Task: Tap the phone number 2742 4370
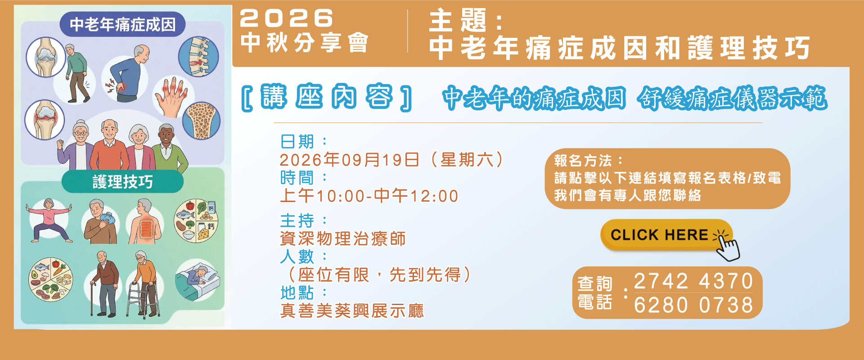[693, 281]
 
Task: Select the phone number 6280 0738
[693, 305]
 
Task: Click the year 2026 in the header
[287, 18]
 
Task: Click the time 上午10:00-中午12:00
[369, 196]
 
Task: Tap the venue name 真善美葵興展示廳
[352, 310]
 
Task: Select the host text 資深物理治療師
[343, 238]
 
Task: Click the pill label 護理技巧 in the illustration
[122, 181]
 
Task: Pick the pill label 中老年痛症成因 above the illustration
[122, 24]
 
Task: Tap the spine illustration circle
[198, 57]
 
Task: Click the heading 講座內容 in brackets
[327, 97]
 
